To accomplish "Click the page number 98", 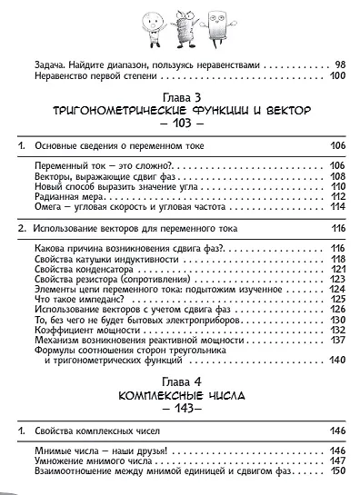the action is tap(339, 64).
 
